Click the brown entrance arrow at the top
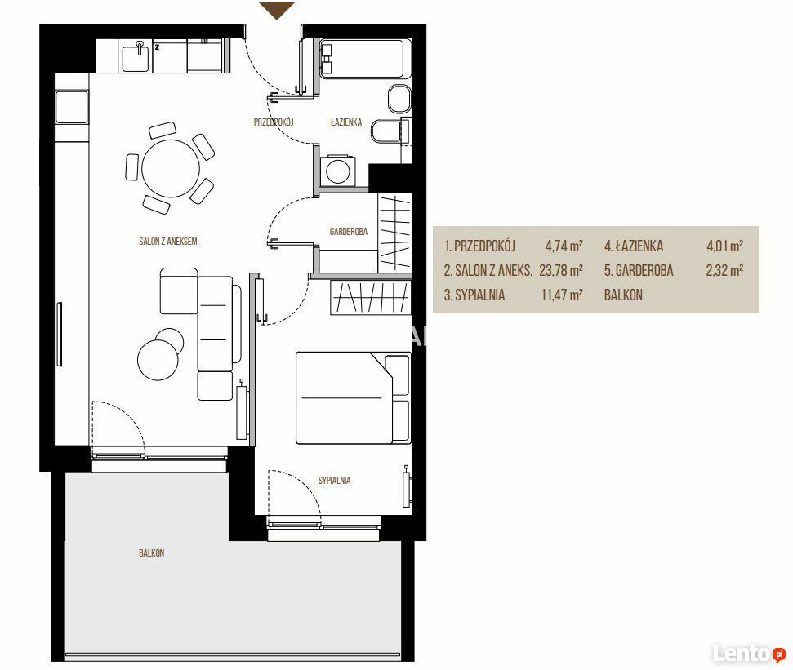pyautogui.click(x=277, y=10)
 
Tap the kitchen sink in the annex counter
pyautogui.click(x=136, y=55)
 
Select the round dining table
pyautogui.click(x=171, y=168)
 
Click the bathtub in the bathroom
pyautogui.click(x=362, y=59)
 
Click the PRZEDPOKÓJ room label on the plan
pyautogui.click(x=274, y=122)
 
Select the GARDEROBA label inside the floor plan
pyautogui.click(x=349, y=232)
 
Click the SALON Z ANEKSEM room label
pyautogui.click(x=168, y=242)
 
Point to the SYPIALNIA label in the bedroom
pyautogui.click(x=334, y=481)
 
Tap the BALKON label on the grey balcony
pyautogui.click(x=152, y=553)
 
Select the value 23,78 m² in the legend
pyautogui.click(x=561, y=270)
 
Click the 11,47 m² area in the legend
pyautogui.click(x=562, y=295)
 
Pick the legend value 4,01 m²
pyautogui.click(x=724, y=246)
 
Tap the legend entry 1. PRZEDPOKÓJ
pyautogui.click(x=479, y=246)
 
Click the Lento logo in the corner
pyautogui.click(x=750, y=654)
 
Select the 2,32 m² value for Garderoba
pyautogui.click(x=724, y=270)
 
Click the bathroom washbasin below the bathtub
pyautogui.click(x=399, y=99)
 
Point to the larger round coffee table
pyautogui.click(x=158, y=360)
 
